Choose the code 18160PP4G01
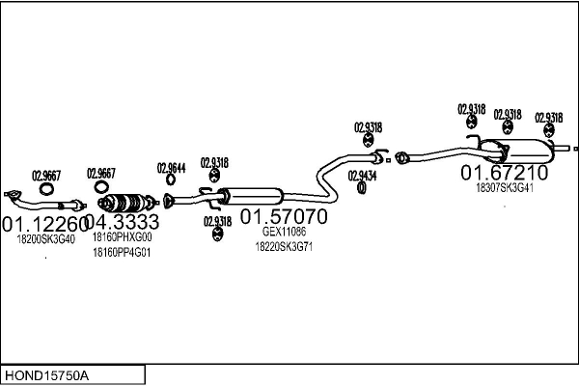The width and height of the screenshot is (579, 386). pos(122,253)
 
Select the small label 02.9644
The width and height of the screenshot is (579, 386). pos(171,167)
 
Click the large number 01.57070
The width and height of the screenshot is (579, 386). pos(283,216)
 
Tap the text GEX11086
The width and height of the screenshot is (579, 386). pos(284,232)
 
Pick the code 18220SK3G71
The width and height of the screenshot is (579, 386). pos(284,247)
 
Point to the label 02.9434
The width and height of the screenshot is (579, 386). pos(362,176)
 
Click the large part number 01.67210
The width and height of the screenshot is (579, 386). pos(504,173)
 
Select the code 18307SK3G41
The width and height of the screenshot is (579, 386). pos(504,188)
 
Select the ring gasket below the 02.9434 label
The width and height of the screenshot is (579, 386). pos(361,187)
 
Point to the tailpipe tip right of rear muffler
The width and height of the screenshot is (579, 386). pos(572,150)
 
